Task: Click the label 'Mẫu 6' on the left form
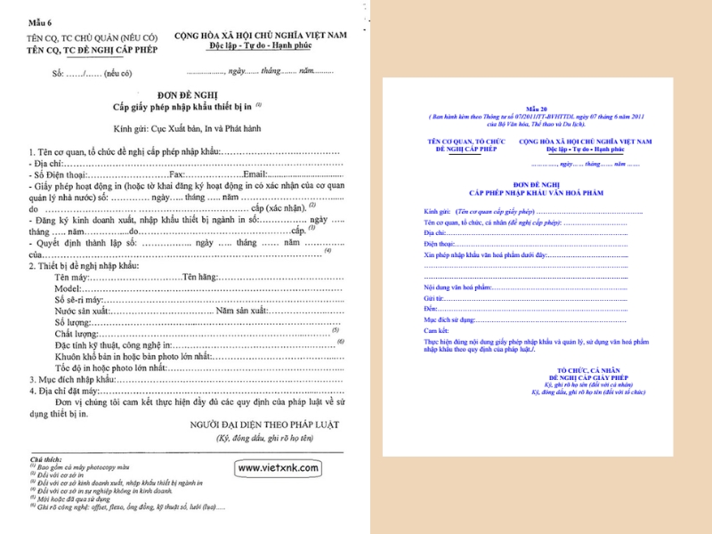41,22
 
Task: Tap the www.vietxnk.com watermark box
279,467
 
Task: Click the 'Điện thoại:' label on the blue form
440,243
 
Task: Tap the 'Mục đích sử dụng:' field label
449,319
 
